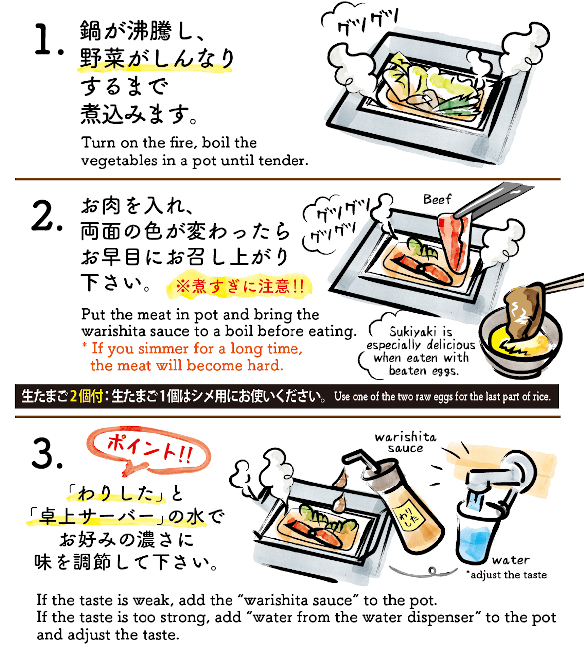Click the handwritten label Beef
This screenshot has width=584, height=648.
(437, 199)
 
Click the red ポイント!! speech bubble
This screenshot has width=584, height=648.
(149, 450)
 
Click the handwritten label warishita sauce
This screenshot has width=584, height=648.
(406, 443)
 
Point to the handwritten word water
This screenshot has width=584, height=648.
(511, 560)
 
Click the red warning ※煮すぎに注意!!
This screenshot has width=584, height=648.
(240, 286)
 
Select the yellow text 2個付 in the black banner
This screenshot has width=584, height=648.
(86, 396)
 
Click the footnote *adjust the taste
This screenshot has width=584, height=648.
(506, 575)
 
